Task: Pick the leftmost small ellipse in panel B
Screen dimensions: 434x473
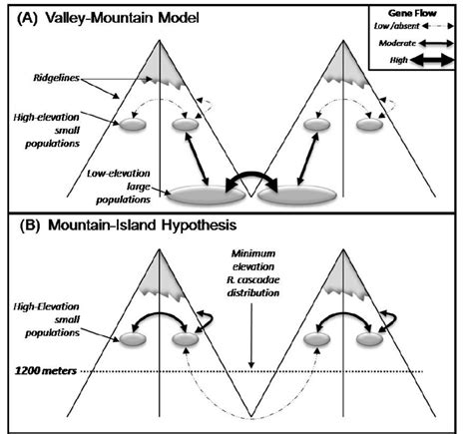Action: pos(134,341)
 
